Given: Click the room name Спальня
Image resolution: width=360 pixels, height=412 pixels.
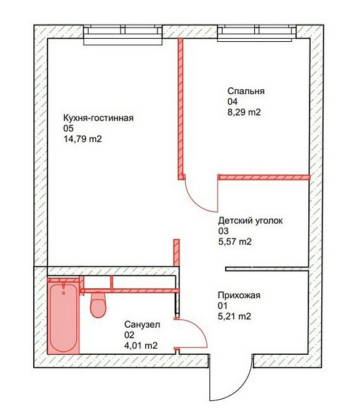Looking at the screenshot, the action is tap(246, 92).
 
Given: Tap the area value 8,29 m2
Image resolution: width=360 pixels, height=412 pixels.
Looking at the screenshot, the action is tap(244, 112).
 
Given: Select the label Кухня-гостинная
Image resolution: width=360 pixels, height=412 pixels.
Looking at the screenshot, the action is tap(98, 118).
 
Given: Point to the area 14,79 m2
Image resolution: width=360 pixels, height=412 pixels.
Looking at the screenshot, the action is tap(82, 139).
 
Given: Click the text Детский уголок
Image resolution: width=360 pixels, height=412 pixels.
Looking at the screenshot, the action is tap(250, 221).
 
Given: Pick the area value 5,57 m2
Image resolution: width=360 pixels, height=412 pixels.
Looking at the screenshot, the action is tap(235, 242).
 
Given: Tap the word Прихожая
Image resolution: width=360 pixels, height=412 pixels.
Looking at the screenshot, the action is tap(239, 295).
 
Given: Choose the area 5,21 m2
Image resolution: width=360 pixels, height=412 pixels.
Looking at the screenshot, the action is tap(234, 316).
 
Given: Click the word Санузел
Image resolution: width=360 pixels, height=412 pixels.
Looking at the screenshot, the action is tap(142, 325).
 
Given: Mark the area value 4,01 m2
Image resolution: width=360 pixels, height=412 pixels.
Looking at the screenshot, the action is tap(141, 346).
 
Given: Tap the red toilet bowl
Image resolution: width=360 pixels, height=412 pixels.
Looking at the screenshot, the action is tap(98, 305).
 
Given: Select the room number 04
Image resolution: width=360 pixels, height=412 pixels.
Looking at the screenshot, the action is tap(233, 101).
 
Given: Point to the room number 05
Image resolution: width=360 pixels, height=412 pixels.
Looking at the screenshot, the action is tap(68, 129).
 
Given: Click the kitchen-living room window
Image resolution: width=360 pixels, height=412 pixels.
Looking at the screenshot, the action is tap(123, 35).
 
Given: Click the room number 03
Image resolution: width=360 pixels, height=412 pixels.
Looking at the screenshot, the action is tap(223, 231).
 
